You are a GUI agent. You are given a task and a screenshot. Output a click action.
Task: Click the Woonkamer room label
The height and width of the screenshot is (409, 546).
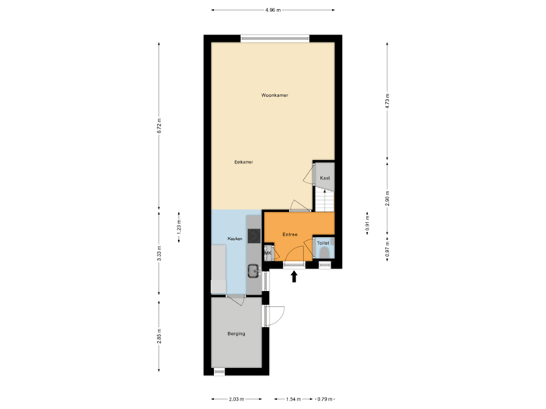(275, 95)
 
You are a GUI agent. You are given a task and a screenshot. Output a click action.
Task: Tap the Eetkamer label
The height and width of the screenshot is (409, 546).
(243, 162)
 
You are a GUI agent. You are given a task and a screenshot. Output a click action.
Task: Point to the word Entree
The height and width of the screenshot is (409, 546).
(290, 235)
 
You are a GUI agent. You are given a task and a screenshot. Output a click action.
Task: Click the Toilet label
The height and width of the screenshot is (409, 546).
(323, 245)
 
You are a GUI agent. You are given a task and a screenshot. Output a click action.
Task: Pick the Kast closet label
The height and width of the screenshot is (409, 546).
(325, 178)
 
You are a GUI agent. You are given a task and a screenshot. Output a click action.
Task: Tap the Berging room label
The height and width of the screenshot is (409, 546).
(236, 333)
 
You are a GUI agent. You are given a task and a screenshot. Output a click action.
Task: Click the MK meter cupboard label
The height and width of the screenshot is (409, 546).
(268, 252)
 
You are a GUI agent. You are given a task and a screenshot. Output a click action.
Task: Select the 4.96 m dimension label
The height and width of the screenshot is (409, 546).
(272, 10)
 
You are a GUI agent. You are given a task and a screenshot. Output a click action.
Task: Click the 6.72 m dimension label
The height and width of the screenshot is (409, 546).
(158, 126)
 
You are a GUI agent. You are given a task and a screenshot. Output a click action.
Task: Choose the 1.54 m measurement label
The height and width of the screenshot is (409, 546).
(293, 398)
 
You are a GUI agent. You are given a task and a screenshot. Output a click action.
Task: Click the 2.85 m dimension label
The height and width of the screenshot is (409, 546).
(158, 335)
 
